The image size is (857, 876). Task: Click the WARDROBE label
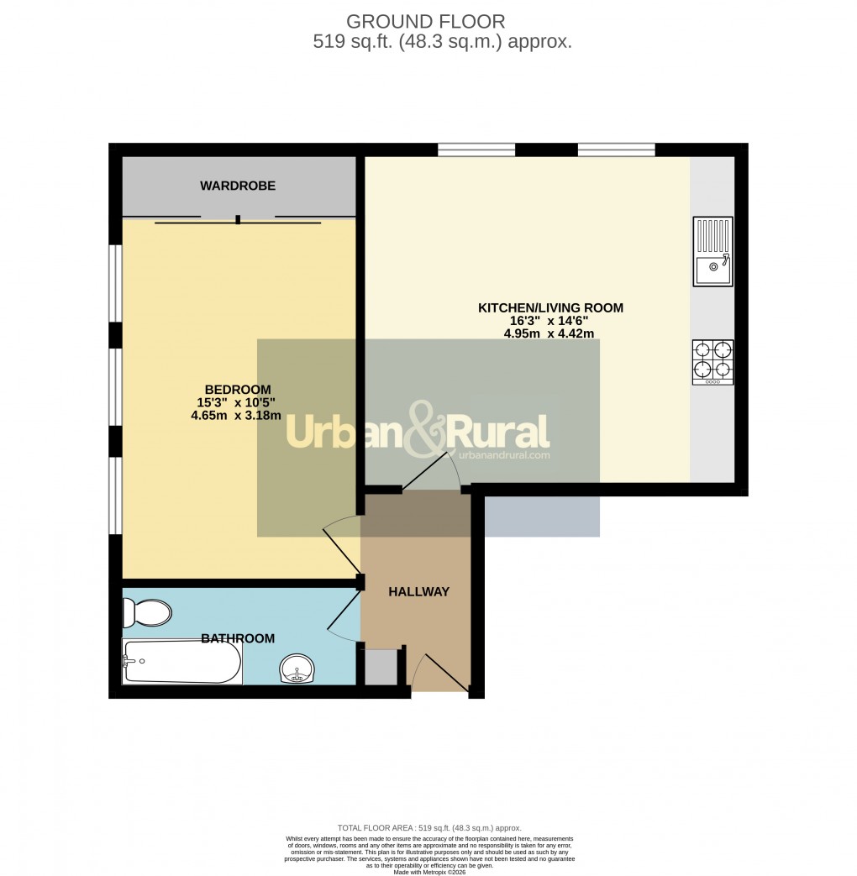tap(238, 186)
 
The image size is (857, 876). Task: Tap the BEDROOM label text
tap(238, 389)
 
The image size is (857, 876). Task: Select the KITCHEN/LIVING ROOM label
tap(550, 308)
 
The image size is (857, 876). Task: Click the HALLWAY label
tap(418, 591)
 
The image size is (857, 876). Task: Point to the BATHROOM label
tap(238, 638)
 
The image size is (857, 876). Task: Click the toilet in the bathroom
tap(146, 612)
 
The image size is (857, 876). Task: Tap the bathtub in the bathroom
tap(182, 662)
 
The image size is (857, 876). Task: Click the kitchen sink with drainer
tap(712, 250)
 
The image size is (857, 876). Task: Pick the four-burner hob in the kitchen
tap(712, 362)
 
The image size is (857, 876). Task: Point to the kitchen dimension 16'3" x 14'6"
tap(549, 321)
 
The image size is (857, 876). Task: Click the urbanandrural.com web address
tap(504, 455)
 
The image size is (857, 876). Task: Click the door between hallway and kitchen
tap(430, 471)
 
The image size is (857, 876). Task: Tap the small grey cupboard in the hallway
tap(380, 667)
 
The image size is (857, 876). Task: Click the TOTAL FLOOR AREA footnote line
tap(429, 826)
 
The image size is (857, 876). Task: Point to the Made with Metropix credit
tap(428, 871)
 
